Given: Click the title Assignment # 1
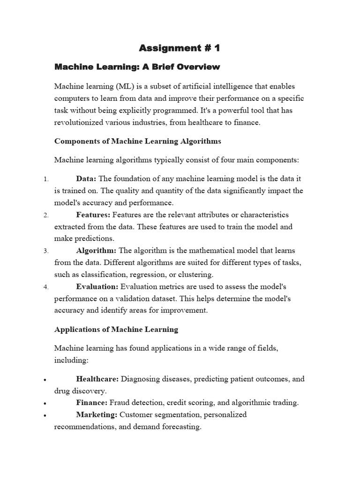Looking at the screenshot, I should tap(180, 48).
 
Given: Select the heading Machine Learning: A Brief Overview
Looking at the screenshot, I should tap(137, 67).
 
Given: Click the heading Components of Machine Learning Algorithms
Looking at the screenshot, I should tap(137, 141).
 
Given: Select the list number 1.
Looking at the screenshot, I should tap(45, 179).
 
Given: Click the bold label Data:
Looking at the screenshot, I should tap(86, 179).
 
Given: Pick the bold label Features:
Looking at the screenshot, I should tap(93, 215).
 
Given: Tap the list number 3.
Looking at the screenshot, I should tap(45, 251).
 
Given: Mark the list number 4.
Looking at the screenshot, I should tap(45, 287).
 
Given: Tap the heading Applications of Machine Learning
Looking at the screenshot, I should tap(116, 330).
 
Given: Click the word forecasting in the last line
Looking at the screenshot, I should tap(180, 427).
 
